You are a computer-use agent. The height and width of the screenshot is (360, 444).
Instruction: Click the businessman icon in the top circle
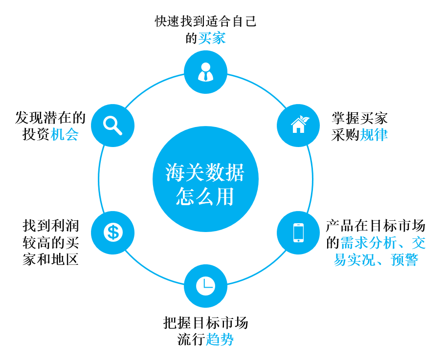click(205, 72)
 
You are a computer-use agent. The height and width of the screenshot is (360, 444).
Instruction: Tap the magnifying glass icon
click(112, 126)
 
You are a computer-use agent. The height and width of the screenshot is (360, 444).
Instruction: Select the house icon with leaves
click(300, 124)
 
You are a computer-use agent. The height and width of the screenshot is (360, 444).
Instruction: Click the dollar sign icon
click(113, 233)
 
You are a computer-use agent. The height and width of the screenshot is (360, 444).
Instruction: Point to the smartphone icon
click(298, 233)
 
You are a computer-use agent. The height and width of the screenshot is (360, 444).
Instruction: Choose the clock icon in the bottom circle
click(205, 286)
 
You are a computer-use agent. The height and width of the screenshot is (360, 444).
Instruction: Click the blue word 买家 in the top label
click(212, 38)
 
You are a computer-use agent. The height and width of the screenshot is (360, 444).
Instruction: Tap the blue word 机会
click(65, 134)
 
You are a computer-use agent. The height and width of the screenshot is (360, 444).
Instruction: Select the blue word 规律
click(374, 135)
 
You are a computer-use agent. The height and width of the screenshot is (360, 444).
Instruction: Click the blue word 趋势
click(220, 339)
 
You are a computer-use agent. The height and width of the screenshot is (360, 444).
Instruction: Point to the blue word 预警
click(404, 259)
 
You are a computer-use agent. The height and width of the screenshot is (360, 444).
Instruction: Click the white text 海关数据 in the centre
click(205, 172)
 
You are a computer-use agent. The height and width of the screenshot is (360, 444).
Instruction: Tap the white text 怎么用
click(205, 196)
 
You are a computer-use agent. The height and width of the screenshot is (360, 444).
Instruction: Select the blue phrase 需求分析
click(368, 243)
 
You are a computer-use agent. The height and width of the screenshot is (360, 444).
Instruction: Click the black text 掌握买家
click(359, 118)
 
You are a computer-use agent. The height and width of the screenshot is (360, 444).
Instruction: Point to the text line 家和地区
click(51, 259)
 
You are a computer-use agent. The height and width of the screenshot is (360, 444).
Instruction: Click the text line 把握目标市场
click(205, 323)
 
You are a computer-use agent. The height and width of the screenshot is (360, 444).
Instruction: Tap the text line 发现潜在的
click(50, 118)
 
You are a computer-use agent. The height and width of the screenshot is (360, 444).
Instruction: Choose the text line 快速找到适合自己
click(205, 21)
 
